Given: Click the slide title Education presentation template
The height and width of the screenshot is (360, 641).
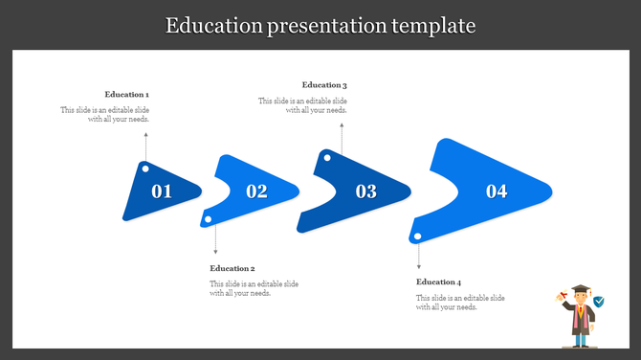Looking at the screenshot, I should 320,25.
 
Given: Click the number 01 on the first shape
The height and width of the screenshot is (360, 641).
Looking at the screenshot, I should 162,191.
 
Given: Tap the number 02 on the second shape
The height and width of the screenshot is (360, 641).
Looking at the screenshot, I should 256,191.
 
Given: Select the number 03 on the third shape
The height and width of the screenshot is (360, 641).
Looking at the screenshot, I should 366,191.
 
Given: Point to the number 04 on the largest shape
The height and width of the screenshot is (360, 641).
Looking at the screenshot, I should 497,191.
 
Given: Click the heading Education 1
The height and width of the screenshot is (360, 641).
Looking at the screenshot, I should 127,95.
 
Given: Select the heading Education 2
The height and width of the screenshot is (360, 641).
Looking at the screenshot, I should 232,269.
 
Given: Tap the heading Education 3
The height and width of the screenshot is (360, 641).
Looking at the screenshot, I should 324,85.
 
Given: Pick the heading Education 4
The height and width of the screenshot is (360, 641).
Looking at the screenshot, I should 438,282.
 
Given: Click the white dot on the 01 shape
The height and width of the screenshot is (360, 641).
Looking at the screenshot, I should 145,169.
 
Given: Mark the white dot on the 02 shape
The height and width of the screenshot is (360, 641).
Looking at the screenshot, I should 208,220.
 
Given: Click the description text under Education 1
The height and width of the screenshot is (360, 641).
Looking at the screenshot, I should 105,115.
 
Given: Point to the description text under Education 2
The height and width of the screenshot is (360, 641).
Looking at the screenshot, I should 254,289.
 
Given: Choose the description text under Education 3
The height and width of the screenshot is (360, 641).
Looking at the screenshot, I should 302,105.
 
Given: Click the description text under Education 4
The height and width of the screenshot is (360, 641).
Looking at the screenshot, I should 460,303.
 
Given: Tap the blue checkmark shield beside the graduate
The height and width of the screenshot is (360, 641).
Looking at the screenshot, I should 599,302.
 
